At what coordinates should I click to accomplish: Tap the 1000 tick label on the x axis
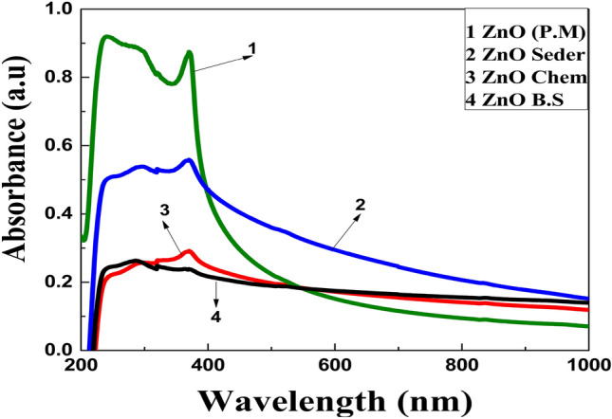point(588,365)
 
